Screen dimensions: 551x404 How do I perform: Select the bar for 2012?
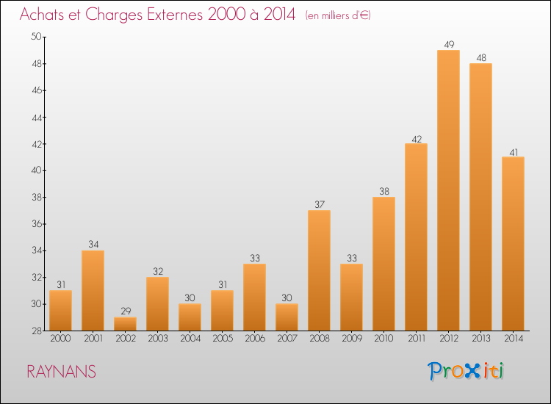tap(448, 190)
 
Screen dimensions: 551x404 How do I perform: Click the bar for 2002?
tap(125, 324)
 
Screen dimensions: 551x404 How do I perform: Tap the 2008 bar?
tap(319, 270)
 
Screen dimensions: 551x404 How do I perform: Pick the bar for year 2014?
tap(513, 244)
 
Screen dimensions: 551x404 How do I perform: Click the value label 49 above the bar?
tap(449, 45)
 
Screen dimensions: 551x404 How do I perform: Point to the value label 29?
tap(126, 311)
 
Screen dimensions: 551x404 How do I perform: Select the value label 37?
tap(320, 204)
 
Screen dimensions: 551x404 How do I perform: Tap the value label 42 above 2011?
tap(417, 140)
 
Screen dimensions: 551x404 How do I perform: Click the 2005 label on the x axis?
tap(223, 339)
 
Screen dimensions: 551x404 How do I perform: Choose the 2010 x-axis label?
tap(383, 339)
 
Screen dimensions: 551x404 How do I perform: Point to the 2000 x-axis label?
tap(60, 339)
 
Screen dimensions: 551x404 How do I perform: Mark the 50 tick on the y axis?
tap(37, 37)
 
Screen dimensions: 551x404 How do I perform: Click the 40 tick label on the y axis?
tap(37, 170)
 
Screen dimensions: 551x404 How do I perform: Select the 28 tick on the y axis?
tap(37, 331)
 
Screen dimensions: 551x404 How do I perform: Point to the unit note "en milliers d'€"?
tap(338, 15)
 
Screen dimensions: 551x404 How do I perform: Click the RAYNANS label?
tap(62, 372)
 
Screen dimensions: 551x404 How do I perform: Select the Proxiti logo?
tap(466, 371)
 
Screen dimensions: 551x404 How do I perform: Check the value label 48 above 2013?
tap(481, 58)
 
